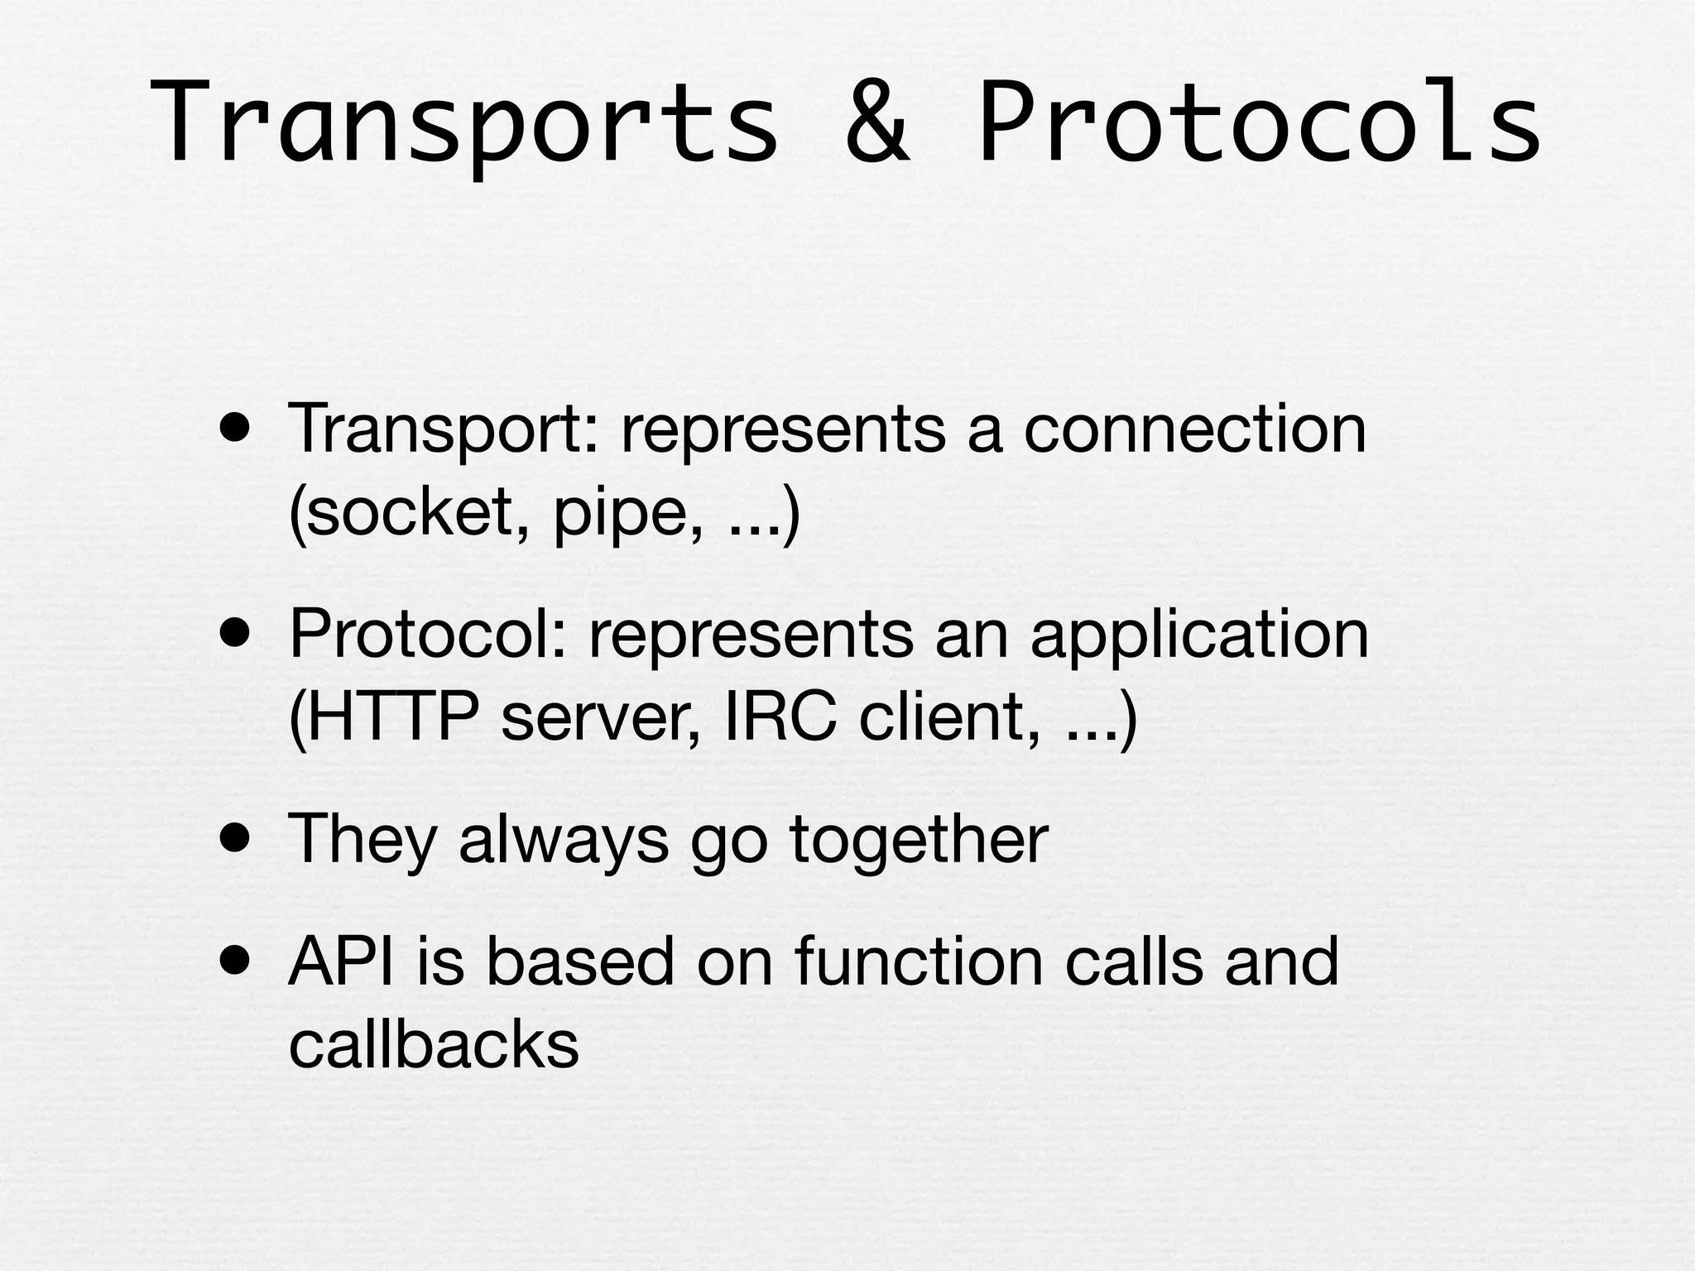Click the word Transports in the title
coord(463,124)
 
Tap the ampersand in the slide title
coord(877,124)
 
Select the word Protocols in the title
coord(1258,124)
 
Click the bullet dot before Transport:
coord(235,430)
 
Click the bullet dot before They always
coord(235,840)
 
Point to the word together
coord(919,841)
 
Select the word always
coord(563,841)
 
